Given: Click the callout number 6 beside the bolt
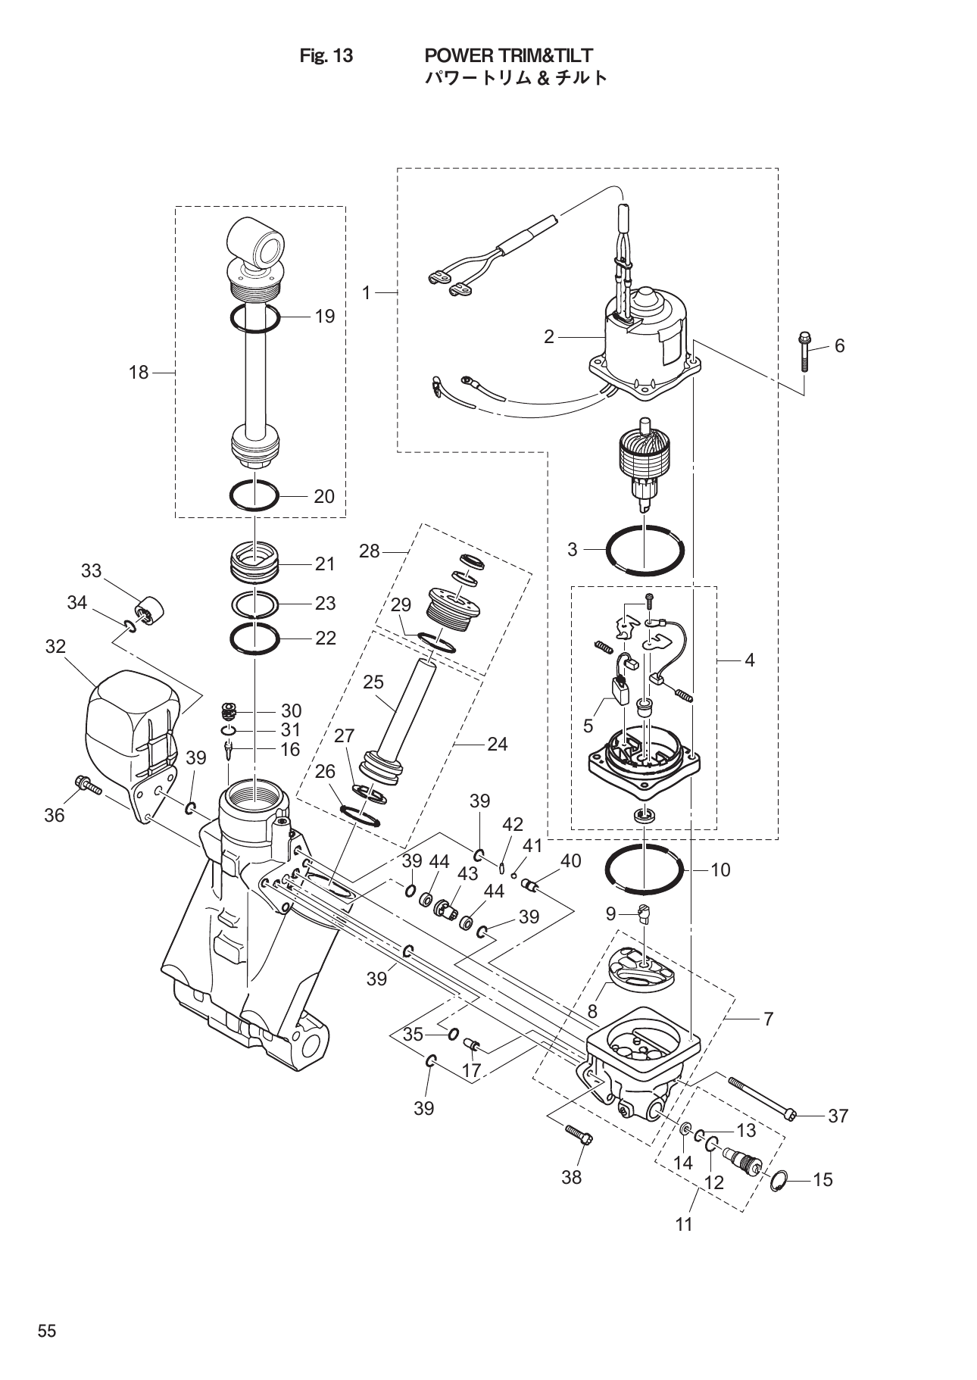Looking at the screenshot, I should (839, 345).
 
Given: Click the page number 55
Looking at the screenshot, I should (47, 1332).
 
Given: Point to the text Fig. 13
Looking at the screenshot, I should (326, 55).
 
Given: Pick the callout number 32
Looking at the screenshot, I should (55, 647).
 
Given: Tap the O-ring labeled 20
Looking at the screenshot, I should (254, 497).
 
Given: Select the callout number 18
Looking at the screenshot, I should (139, 372).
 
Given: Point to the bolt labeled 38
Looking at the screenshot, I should (579, 1134).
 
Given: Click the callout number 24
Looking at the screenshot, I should (497, 744).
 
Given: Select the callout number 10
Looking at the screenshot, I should (720, 870).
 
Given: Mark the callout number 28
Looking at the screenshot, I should (369, 551).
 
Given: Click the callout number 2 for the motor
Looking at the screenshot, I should (549, 337).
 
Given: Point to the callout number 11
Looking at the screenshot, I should (684, 1224).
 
